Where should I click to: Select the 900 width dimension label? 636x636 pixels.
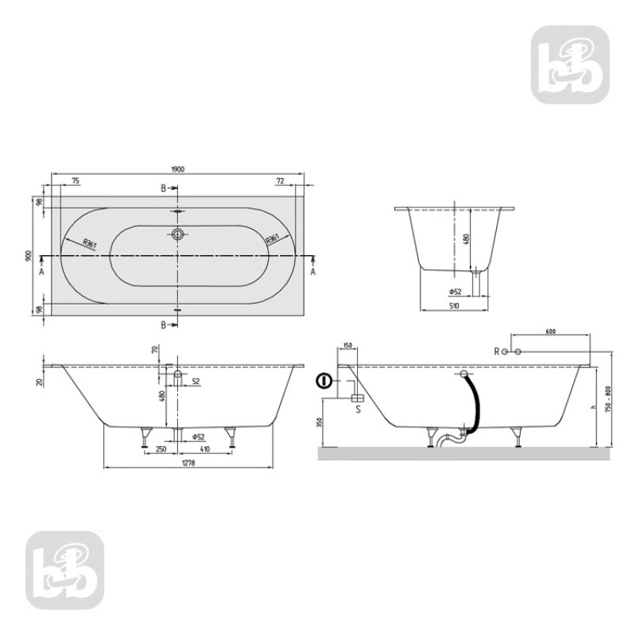29,256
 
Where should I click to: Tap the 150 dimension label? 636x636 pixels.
347,346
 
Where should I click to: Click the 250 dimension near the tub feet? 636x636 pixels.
161,451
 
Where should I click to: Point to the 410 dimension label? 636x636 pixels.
205,451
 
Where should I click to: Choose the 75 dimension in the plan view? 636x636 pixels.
75,181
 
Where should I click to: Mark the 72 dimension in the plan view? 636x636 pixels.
280,181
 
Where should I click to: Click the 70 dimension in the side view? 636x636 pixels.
156,350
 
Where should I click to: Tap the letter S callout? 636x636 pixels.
359,410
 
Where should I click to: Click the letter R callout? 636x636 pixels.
496,351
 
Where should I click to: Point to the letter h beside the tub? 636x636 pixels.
584,408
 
